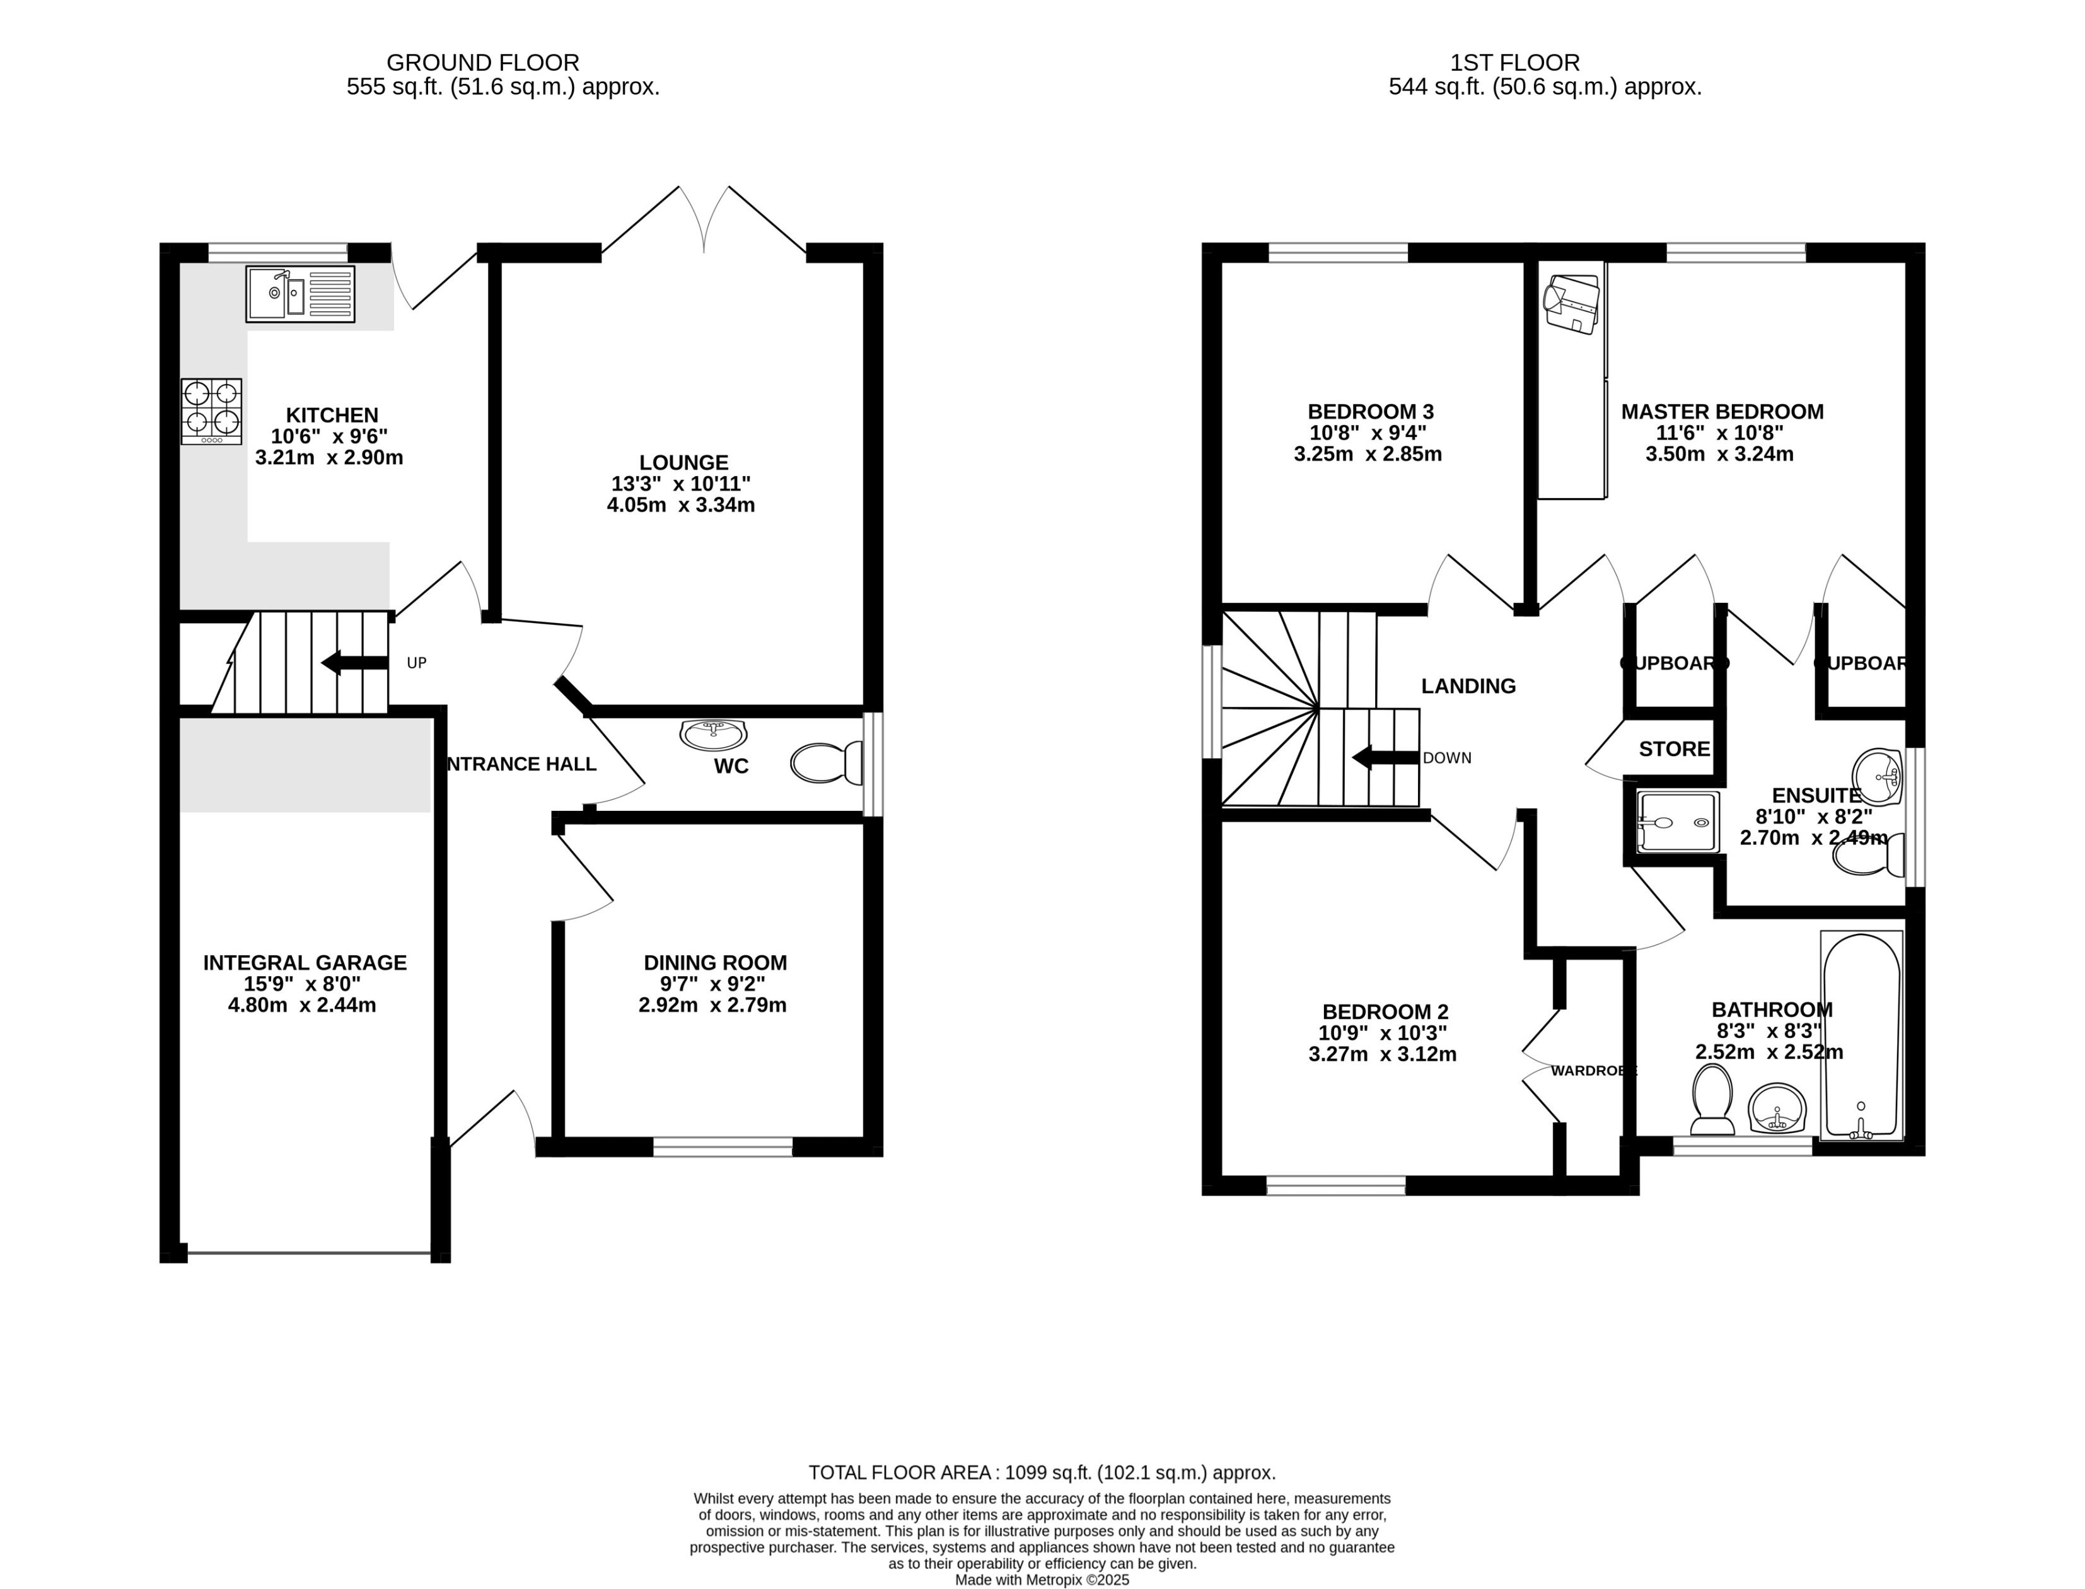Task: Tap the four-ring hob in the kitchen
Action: (212, 411)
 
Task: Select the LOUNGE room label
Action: (683, 463)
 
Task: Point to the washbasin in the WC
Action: (713, 733)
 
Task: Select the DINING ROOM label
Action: (715, 963)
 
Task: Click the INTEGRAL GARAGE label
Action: (305, 963)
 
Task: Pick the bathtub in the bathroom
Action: (1861, 1035)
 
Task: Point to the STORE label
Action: (1674, 749)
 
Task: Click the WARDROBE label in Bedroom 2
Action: (1593, 1071)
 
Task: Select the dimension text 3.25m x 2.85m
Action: (1368, 454)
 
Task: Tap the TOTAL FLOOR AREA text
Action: (1041, 1473)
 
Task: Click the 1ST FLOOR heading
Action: (1515, 62)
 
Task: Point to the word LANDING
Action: (1468, 686)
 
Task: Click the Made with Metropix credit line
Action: (1041, 1580)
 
